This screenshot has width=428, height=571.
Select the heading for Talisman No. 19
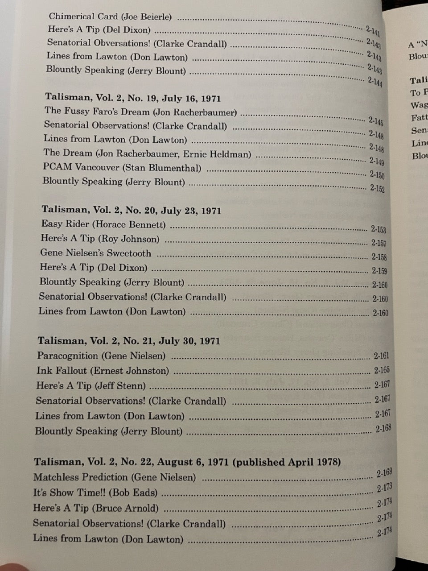point(133,98)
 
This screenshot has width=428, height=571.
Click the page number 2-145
point(376,120)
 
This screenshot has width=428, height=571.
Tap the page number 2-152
point(377,188)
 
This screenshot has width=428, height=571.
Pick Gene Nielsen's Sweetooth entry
point(95,253)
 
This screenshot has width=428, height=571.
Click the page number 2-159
point(379,271)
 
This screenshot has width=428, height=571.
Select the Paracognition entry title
point(67,356)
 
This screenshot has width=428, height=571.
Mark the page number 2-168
point(383,429)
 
